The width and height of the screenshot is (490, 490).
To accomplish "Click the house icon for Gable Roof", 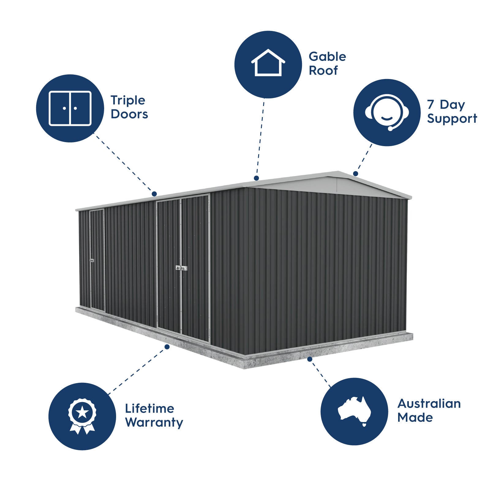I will point(268,63).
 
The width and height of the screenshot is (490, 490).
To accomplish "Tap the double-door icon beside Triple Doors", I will point(70,108).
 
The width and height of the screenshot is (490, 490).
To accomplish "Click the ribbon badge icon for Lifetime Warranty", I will point(82,416).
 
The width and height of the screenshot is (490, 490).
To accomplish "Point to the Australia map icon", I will point(354,410).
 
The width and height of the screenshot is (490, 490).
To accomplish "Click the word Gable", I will point(327,57).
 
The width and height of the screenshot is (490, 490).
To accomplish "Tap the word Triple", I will point(128,100).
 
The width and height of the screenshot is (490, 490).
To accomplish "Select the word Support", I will point(452,119).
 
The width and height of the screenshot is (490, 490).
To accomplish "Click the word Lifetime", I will point(149,408).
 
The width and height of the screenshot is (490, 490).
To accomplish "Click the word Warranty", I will point(154,423).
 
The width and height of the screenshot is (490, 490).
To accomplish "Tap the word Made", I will point(415,417).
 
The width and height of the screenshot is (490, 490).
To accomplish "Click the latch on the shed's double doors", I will point(181,268).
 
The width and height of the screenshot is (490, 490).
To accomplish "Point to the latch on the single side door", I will point(91,260).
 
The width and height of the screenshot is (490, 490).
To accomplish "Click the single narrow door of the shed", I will point(97,260).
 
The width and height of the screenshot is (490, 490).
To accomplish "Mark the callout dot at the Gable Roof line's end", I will point(257,178).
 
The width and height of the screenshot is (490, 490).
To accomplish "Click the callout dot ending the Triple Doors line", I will point(154,194).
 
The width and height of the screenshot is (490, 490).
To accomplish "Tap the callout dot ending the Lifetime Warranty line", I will point(167,347).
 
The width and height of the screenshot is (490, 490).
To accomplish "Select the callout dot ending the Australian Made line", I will point(310,359).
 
